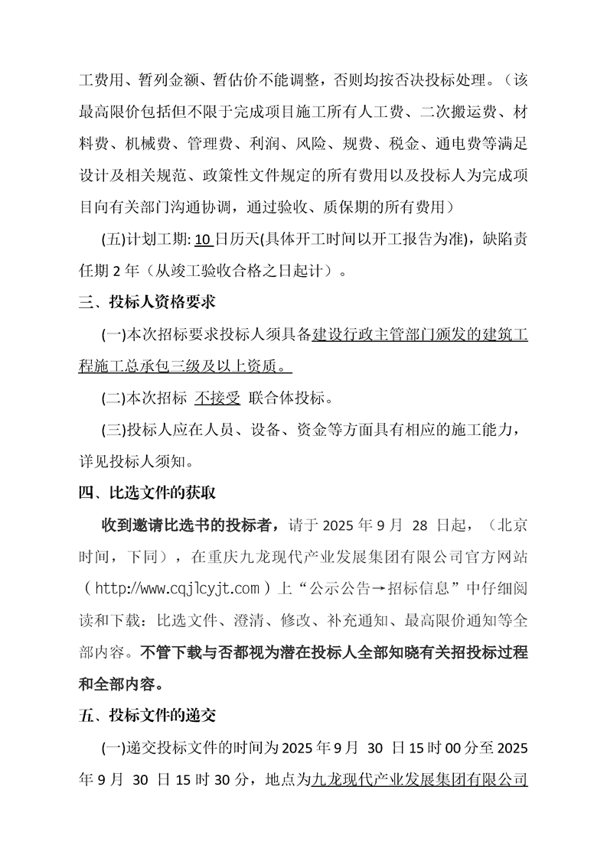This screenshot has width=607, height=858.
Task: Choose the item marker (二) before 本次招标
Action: click(x=113, y=398)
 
